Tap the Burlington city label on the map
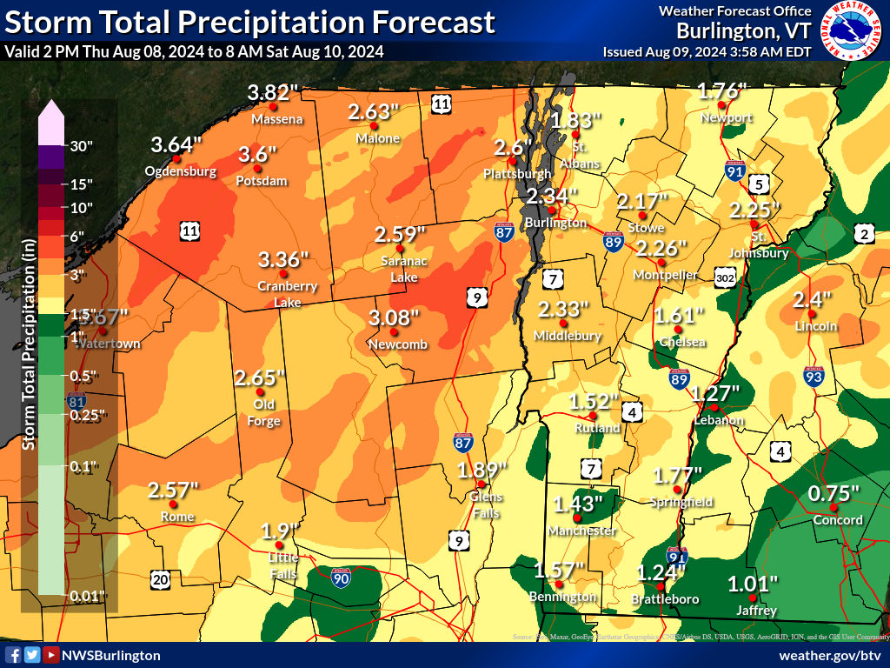click(556, 223)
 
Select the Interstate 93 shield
click(814, 377)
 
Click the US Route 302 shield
click(726, 277)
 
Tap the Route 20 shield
click(160, 579)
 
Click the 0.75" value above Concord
click(834, 493)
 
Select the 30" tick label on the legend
click(81, 146)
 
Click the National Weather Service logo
click(853, 31)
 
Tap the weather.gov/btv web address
click(830, 655)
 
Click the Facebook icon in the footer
click(12, 655)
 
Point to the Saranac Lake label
click(400, 269)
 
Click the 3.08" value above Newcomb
click(394, 317)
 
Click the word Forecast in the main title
click(433, 22)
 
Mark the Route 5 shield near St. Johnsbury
click(759, 184)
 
